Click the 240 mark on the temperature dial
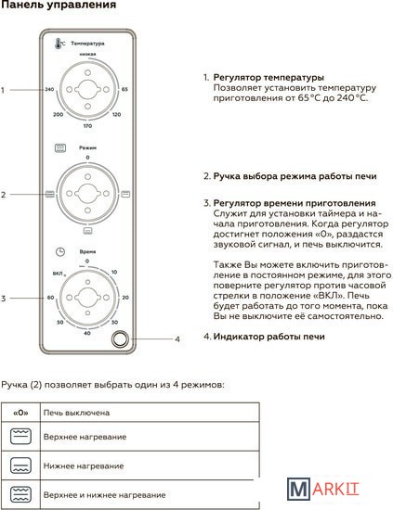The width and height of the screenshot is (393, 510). point(49,89)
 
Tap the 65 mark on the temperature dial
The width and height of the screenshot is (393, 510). point(124,89)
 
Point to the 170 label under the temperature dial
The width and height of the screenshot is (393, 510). point(87,126)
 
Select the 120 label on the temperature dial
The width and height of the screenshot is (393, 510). point(117,114)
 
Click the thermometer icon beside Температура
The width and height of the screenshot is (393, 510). point(59,44)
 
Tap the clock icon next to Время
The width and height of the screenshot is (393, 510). point(60,251)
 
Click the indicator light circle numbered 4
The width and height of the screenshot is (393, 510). point(120,339)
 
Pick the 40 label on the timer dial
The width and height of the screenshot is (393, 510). point(87,333)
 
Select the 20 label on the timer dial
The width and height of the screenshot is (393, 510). point(125,298)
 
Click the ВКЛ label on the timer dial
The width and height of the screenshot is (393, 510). point(58,274)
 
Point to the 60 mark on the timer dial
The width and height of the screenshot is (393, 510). point(50,298)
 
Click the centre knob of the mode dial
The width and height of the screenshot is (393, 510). point(87,194)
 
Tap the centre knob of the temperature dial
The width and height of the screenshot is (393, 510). point(87,89)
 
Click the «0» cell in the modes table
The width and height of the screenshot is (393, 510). point(20,413)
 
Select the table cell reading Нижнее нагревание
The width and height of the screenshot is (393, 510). point(150,465)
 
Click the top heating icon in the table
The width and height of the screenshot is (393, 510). point(20,437)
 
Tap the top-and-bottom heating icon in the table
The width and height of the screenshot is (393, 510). point(20,495)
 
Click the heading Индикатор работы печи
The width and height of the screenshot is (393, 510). point(269,337)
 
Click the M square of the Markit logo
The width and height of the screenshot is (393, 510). point(298,489)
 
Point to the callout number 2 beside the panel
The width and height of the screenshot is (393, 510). point(4,195)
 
